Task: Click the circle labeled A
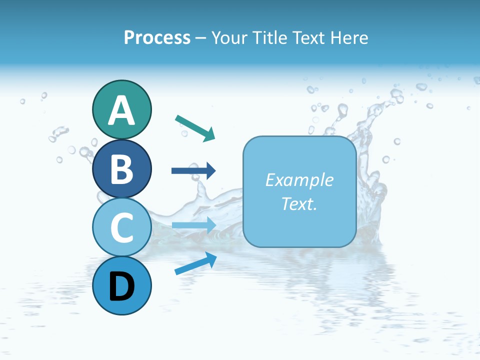point(121,109)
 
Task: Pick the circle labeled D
point(121,285)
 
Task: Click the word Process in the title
point(157,37)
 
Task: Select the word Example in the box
point(299,180)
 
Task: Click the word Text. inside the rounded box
point(299,203)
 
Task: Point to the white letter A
point(121,110)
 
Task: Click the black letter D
point(121,287)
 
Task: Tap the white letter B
point(121,169)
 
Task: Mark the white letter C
point(121,228)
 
